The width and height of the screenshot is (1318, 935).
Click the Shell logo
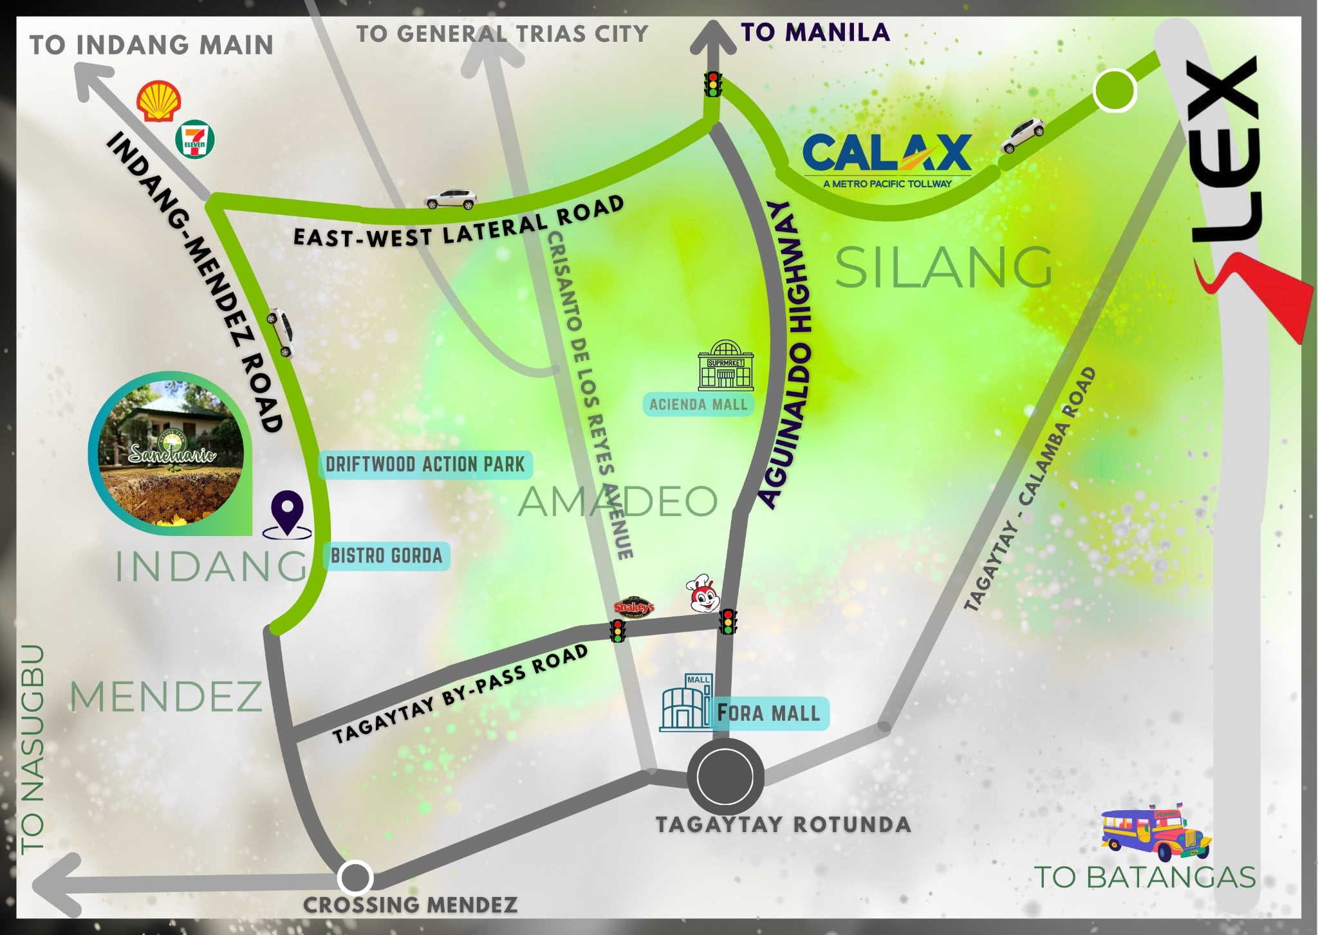pos(158,101)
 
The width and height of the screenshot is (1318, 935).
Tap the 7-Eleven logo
pos(195,140)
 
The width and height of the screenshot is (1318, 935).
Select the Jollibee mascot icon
pos(703,594)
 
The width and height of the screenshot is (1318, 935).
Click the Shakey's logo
pos(634,607)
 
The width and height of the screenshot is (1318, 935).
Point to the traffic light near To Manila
pos(712,84)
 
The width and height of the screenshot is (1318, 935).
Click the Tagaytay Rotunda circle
pos(725,777)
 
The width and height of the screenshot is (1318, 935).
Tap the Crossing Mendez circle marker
pos(355,877)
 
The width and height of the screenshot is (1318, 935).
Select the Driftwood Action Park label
pos(425,464)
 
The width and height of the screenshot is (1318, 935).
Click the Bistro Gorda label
pos(386,556)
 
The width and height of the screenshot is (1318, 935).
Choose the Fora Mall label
pos(769,713)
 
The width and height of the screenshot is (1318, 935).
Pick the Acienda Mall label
pos(698,405)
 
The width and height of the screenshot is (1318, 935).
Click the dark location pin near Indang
pos(287,514)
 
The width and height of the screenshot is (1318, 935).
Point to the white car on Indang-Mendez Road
pos(281,332)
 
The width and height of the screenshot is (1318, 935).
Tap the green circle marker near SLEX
pos(1115,90)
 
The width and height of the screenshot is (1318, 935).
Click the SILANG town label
pos(943,268)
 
